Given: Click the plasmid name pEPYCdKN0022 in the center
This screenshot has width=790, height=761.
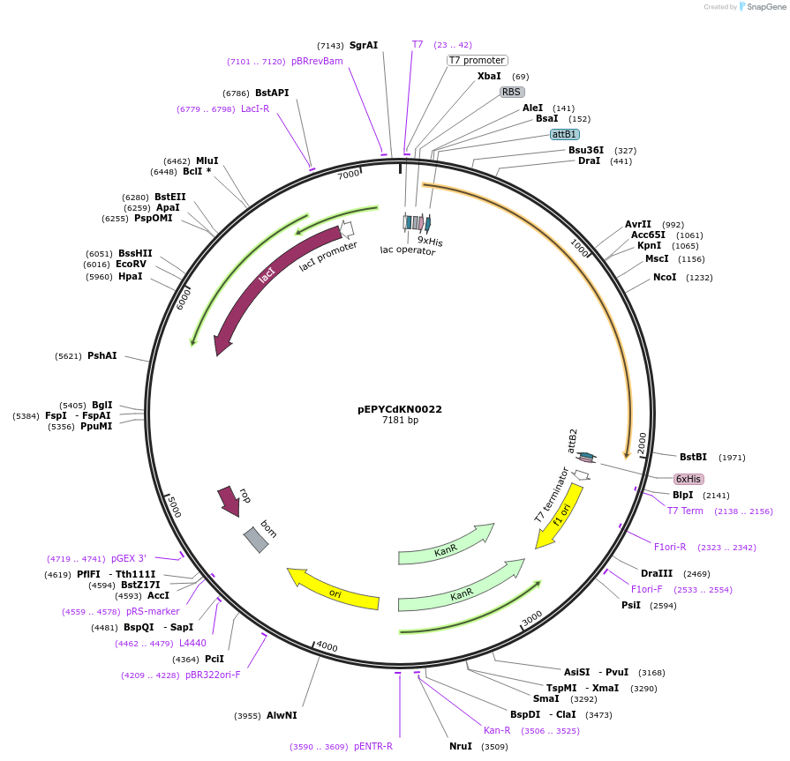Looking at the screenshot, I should click(x=400, y=409).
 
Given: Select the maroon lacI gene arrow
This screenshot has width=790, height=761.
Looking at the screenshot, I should click(x=265, y=282).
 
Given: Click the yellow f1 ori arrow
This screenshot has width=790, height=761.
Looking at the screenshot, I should click(x=560, y=516).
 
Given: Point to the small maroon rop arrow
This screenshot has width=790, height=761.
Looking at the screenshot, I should click(x=229, y=500).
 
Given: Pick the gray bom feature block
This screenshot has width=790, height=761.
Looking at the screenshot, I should click(x=256, y=539).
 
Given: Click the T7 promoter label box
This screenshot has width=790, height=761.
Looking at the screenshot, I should click(x=477, y=61).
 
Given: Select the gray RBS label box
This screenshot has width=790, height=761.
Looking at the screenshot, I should click(x=512, y=92).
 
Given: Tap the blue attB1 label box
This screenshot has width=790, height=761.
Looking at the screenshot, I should click(x=564, y=135).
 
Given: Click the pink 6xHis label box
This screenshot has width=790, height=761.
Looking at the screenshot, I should click(x=688, y=479).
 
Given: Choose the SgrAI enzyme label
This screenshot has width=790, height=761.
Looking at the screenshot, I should click(x=364, y=45).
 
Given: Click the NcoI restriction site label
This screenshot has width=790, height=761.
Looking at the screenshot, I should click(x=665, y=277).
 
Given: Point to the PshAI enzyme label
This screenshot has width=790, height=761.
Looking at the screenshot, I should click(x=102, y=356).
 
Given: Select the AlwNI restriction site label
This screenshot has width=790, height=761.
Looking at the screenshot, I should click(x=282, y=716).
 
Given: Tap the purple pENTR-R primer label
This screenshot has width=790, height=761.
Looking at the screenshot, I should click(x=373, y=746).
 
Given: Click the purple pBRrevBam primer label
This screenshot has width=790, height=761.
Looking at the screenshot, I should click(x=317, y=62).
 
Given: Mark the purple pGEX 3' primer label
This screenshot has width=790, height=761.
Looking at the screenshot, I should click(x=129, y=559).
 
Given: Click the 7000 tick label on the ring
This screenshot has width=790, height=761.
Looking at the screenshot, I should click(x=349, y=175).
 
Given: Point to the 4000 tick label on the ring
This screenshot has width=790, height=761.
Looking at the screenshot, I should click(x=327, y=646).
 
